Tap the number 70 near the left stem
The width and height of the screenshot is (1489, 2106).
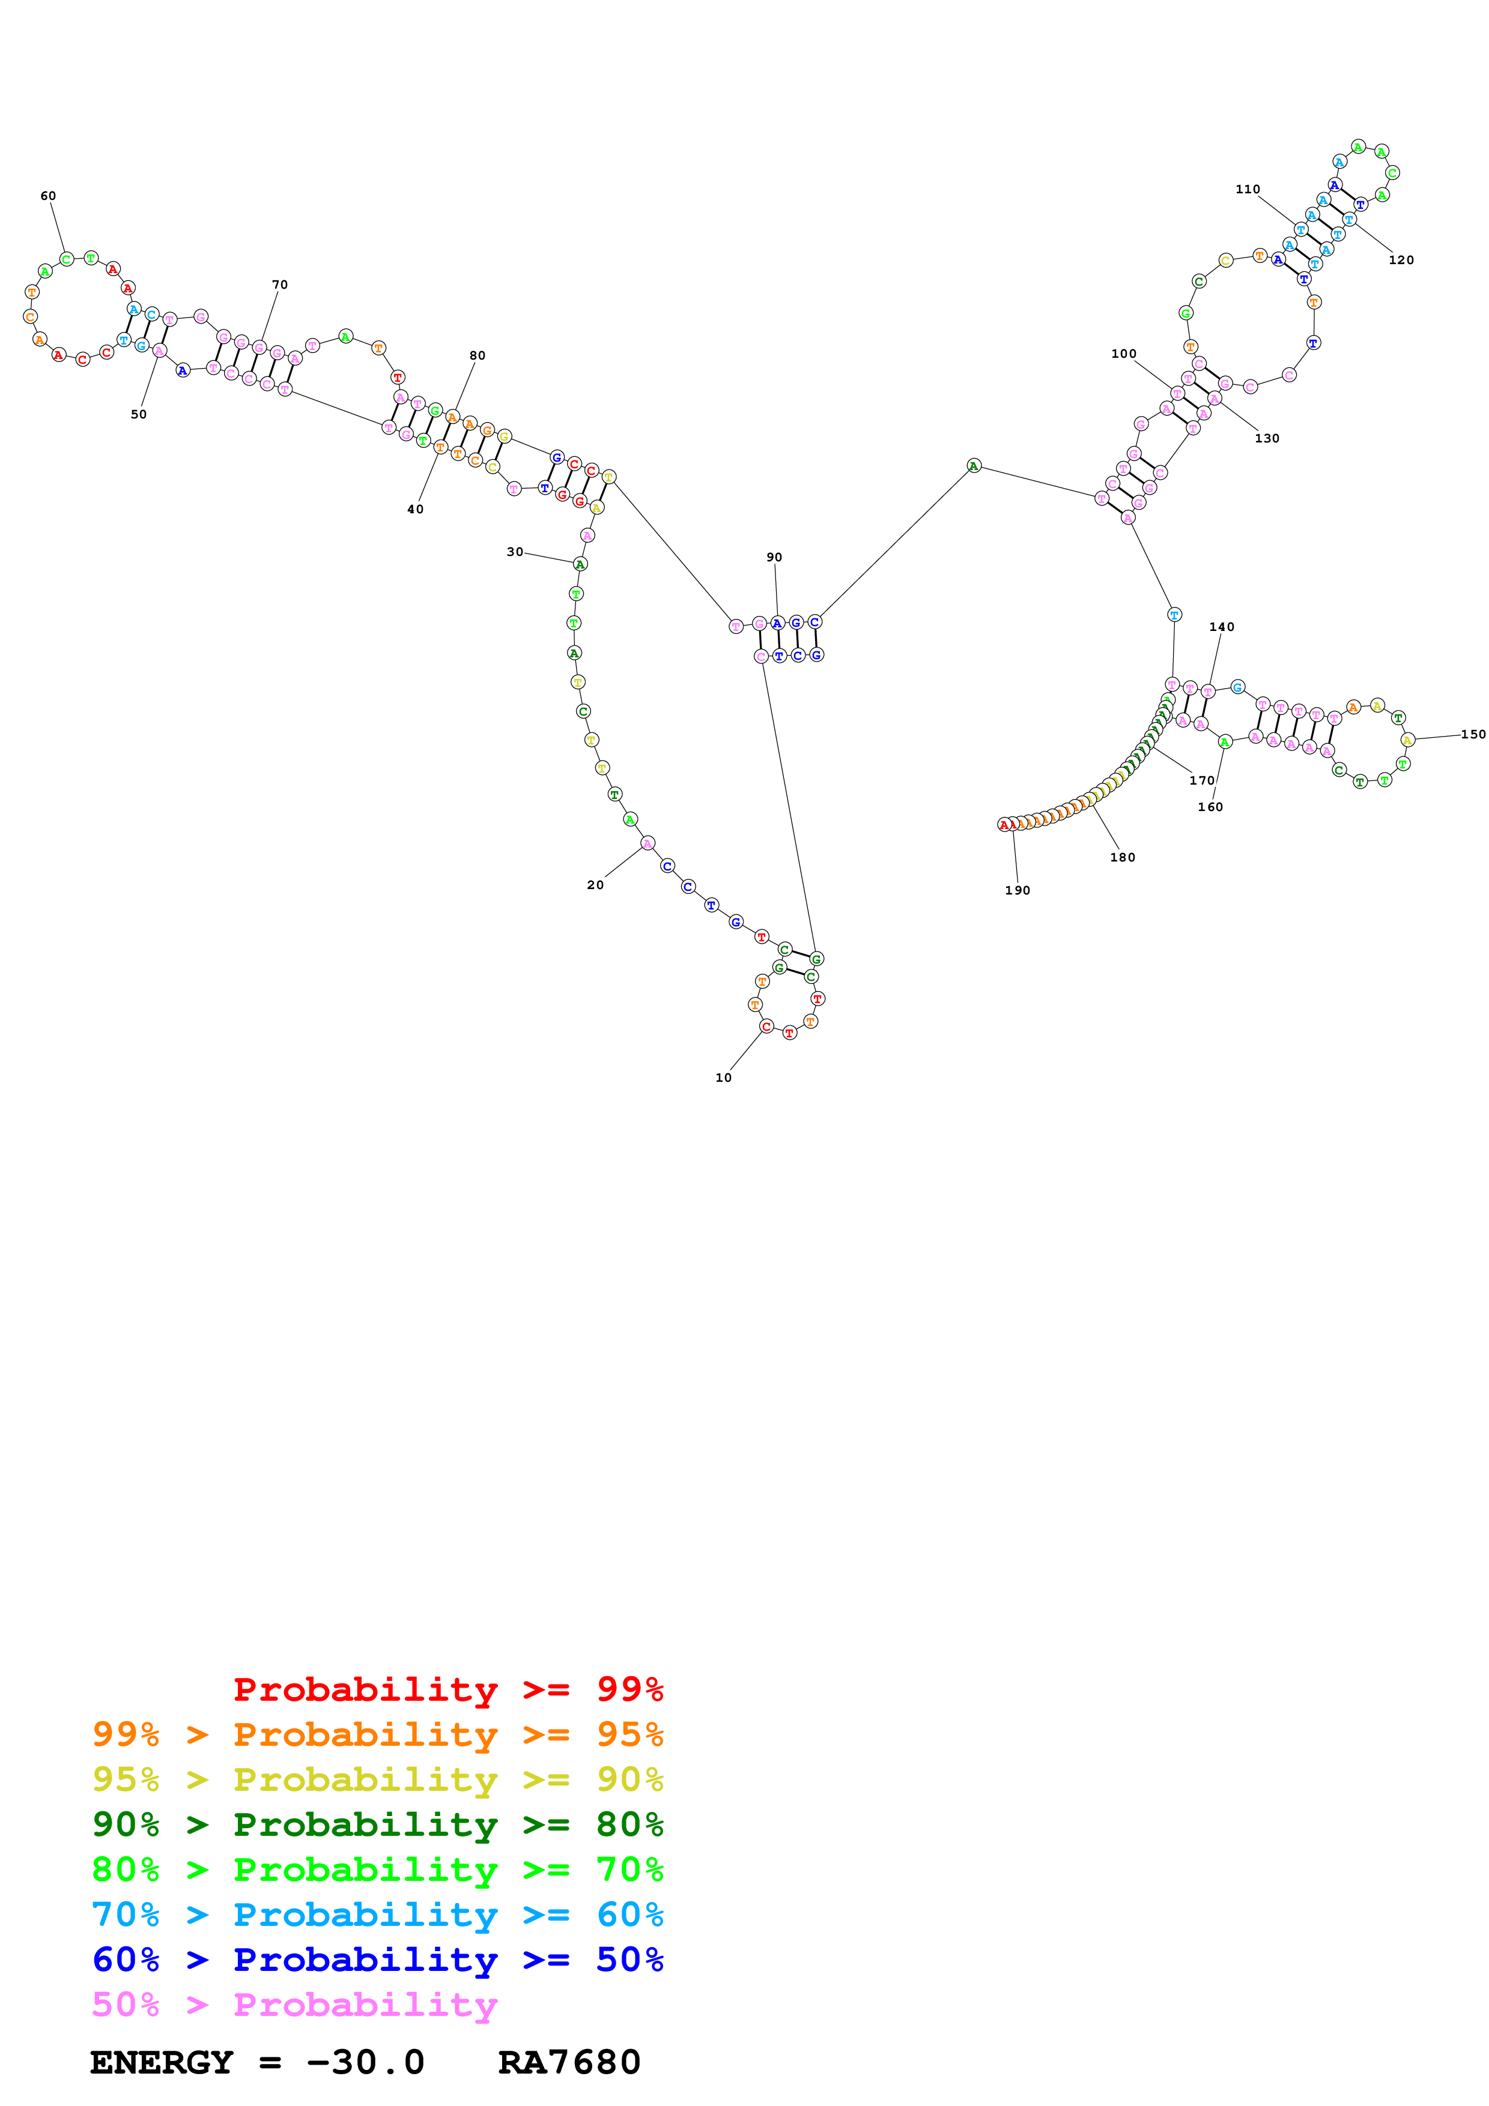click(x=280, y=285)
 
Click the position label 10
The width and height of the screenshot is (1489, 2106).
click(x=723, y=1078)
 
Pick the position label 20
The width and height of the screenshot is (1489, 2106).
click(x=595, y=885)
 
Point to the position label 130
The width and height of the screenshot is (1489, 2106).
click(x=1266, y=438)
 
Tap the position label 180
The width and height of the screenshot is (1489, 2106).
click(x=1122, y=858)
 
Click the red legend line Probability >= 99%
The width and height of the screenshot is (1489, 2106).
click(x=447, y=1689)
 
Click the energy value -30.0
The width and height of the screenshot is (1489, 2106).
click(x=365, y=2062)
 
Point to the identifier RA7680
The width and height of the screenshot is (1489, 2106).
click(x=569, y=2062)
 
